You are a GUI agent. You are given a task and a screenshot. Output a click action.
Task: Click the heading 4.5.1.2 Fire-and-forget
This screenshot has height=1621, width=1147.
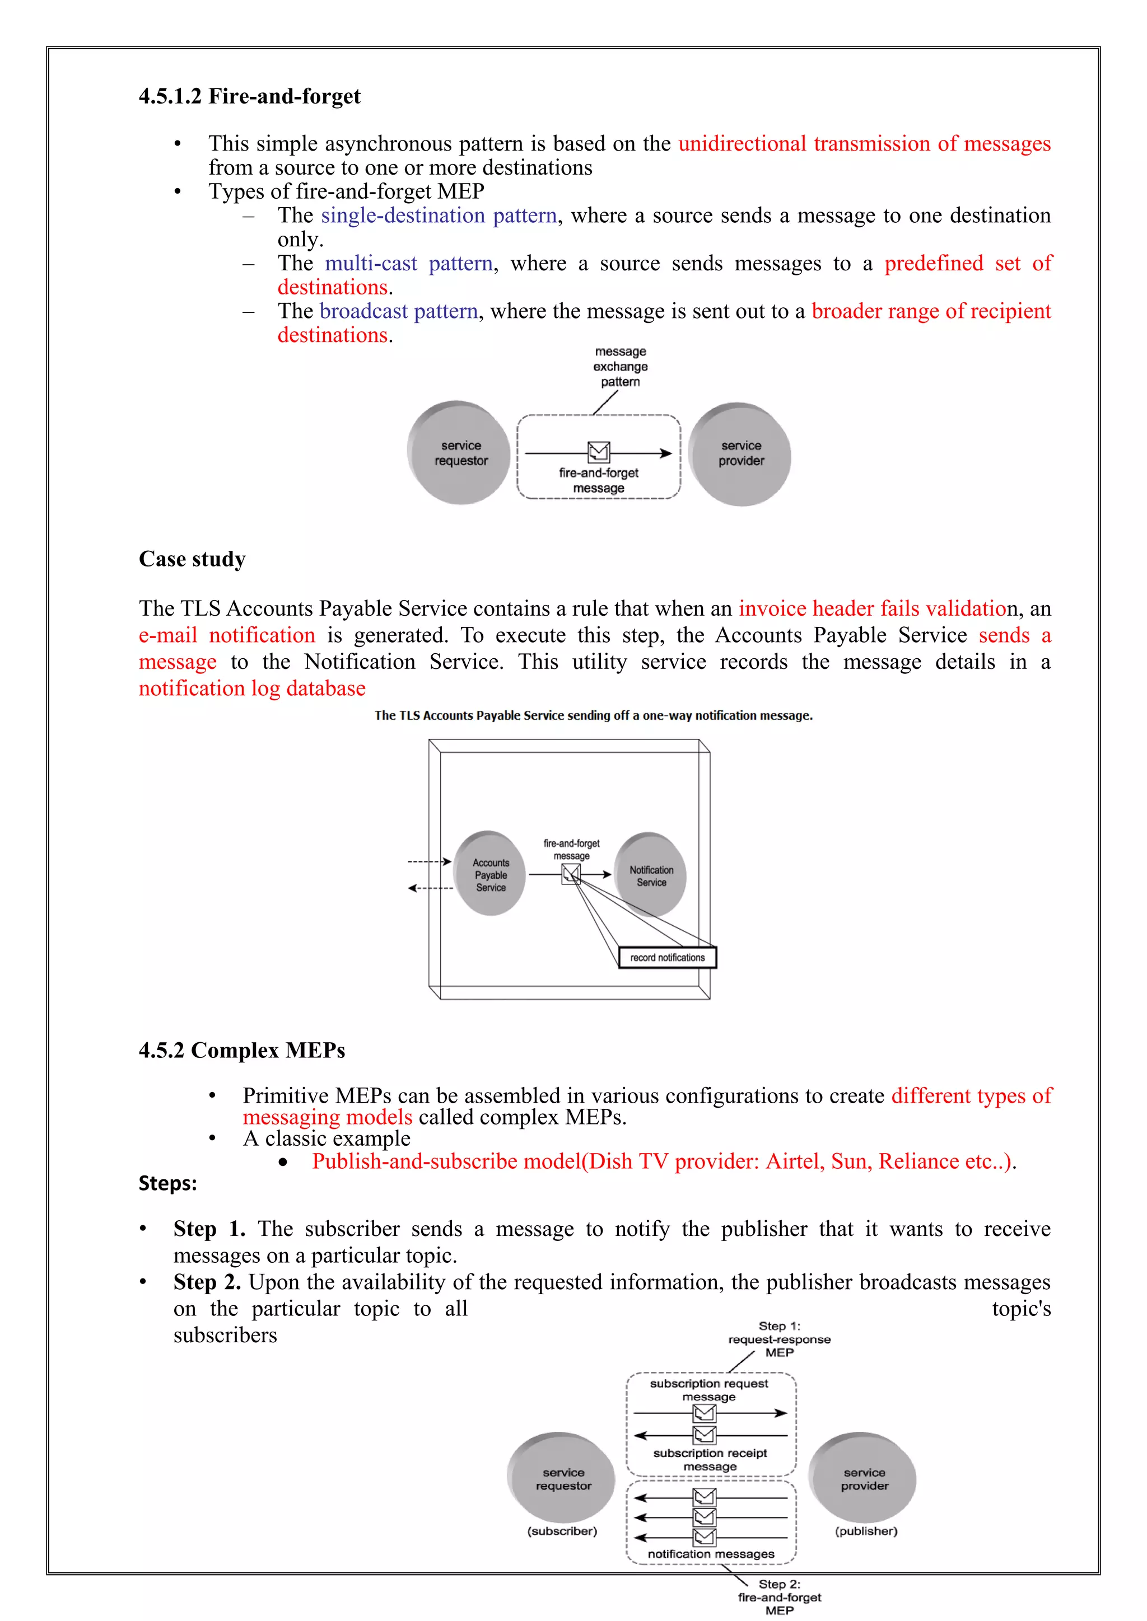249,96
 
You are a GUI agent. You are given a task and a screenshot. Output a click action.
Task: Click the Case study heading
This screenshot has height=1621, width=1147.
192,559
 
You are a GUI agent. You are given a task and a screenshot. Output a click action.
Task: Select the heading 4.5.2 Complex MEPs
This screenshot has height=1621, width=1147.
241,1050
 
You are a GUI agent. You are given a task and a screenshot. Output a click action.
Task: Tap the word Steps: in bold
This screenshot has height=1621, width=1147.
167,1183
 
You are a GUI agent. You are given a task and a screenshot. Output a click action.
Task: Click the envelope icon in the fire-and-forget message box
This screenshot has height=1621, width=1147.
598,451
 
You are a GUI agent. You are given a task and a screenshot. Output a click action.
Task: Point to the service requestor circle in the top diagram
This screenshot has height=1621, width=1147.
460,453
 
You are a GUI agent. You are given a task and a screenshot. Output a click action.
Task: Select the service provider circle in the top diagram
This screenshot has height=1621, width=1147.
740,454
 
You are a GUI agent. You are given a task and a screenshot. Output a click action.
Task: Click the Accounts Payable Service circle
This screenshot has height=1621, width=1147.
490,874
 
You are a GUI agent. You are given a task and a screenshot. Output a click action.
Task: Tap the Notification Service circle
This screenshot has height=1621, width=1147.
650,875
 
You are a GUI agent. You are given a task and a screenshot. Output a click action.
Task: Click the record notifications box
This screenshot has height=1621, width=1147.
668,957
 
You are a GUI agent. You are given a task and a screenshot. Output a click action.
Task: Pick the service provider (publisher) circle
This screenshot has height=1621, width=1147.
863,1478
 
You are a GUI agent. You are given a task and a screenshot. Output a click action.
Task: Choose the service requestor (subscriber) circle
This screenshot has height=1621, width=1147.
562,1478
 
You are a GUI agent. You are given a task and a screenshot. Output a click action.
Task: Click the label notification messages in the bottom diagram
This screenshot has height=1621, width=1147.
711,1554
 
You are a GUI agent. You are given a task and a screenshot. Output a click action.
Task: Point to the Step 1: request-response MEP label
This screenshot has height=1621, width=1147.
779,1339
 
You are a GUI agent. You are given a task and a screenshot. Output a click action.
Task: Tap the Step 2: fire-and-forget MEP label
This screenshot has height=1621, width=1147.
779,1597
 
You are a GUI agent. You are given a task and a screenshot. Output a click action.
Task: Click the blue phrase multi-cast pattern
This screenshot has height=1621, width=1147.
408,263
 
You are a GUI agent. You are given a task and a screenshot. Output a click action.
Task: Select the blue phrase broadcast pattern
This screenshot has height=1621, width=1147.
398,311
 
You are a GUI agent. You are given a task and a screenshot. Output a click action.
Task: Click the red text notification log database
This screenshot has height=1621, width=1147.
252,688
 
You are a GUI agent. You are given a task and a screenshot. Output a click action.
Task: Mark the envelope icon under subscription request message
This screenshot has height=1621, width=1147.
704,1413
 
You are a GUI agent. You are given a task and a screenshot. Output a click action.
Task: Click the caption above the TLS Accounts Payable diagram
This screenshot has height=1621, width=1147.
593,715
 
